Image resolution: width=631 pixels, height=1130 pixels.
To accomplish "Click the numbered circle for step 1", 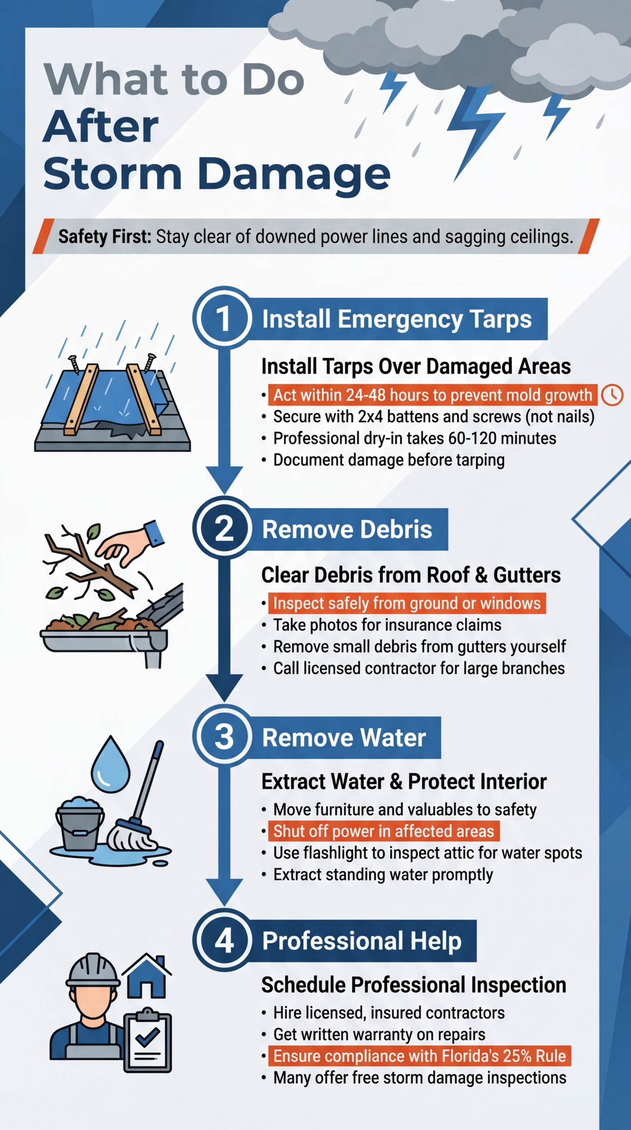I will click(223, 319).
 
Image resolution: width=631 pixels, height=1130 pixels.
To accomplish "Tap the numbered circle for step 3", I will click(223, 737).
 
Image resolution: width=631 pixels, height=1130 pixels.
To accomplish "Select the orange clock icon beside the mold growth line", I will click(612, 395).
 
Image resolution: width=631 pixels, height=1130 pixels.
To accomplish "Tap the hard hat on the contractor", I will click(92, 969).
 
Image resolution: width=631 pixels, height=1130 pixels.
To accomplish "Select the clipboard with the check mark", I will click(147, 1041).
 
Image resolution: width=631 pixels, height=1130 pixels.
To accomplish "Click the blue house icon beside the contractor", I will click(147, 976).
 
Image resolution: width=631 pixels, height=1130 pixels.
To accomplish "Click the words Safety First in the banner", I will click(105, 237).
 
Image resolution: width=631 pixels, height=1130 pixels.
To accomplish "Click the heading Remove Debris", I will click(347, 529).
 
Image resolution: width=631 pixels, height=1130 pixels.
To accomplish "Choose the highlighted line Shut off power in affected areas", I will click(384, 831).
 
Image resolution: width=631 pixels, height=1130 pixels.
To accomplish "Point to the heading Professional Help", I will click(362, 941).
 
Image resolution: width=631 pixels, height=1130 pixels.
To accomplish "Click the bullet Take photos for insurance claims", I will click(387, 625).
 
